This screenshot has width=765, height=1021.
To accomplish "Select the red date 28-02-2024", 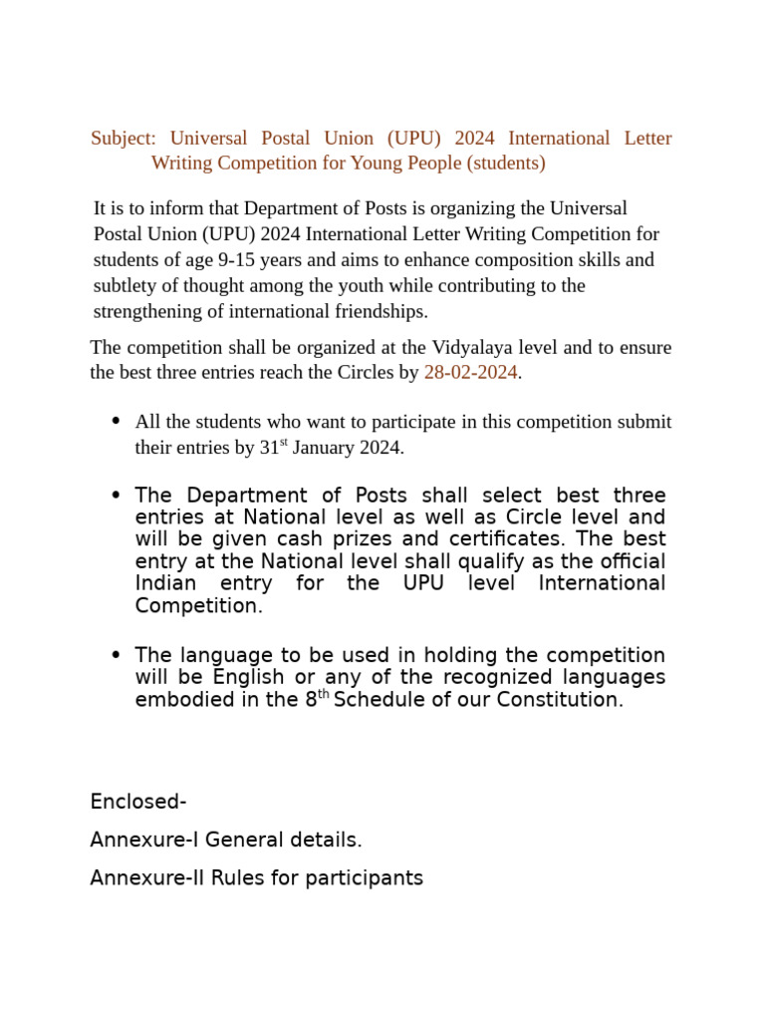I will coord(470,373).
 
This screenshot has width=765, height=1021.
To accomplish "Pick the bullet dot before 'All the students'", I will coord(116,421).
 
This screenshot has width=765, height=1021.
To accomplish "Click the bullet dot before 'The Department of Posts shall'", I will coord(116,496).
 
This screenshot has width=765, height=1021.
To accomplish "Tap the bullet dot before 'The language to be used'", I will coord(116,655).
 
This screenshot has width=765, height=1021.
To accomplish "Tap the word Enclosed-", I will coord(138,803).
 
